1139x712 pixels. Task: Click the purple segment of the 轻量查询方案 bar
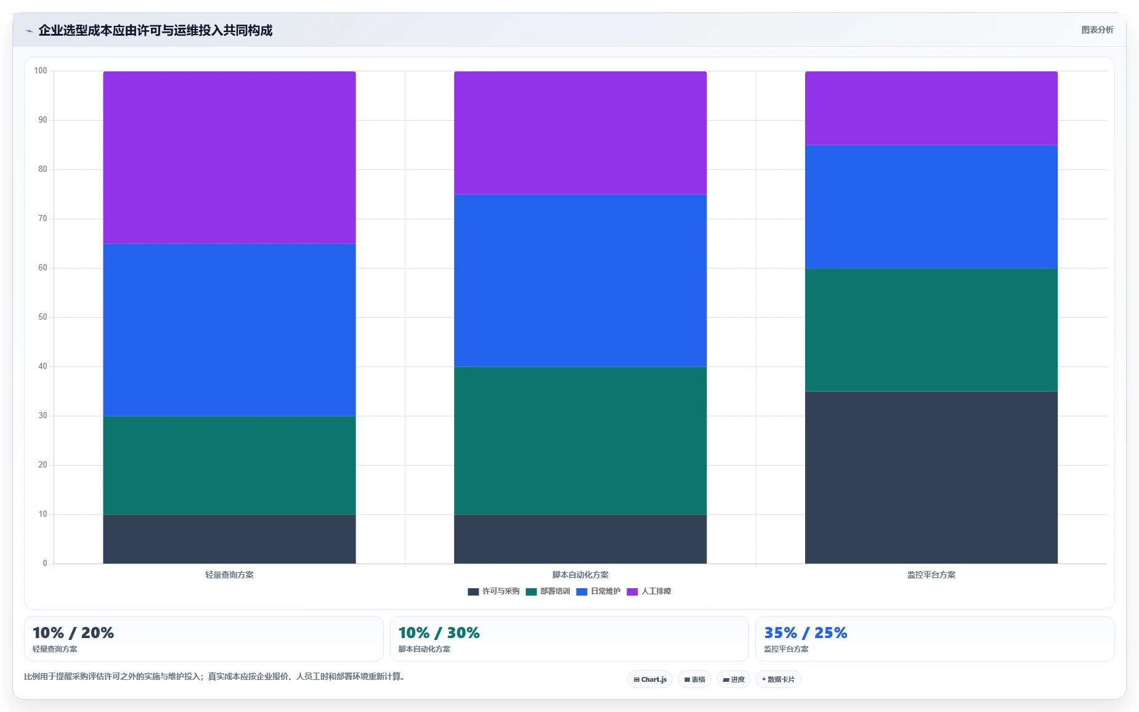point(229,157)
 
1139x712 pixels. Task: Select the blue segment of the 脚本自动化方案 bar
point(580,281)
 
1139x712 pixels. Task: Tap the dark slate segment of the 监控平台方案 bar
point(931,477)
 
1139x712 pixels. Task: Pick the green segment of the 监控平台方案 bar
point(931,330)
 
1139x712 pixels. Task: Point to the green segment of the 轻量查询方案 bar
point(229,466)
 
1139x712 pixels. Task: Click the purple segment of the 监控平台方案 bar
point(931,108)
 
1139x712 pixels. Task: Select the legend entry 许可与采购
point(493,591)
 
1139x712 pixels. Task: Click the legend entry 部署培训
point(548,591)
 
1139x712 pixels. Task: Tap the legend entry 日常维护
point(598,591)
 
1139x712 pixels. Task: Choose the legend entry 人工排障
point(649,591)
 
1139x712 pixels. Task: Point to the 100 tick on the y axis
point(41,71)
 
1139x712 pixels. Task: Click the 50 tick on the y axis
point(43,317)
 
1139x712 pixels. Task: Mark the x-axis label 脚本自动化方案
point(580,575)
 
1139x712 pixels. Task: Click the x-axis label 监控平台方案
point(931,575)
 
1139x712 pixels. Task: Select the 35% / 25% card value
point(806,633)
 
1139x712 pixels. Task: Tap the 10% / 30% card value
point(439,633)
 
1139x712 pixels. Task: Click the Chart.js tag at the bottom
point(650,679)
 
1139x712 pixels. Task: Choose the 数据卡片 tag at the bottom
point(779,679)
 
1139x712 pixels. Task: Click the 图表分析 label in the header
point(1097,30)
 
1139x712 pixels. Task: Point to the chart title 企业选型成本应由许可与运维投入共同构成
point(155,30)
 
